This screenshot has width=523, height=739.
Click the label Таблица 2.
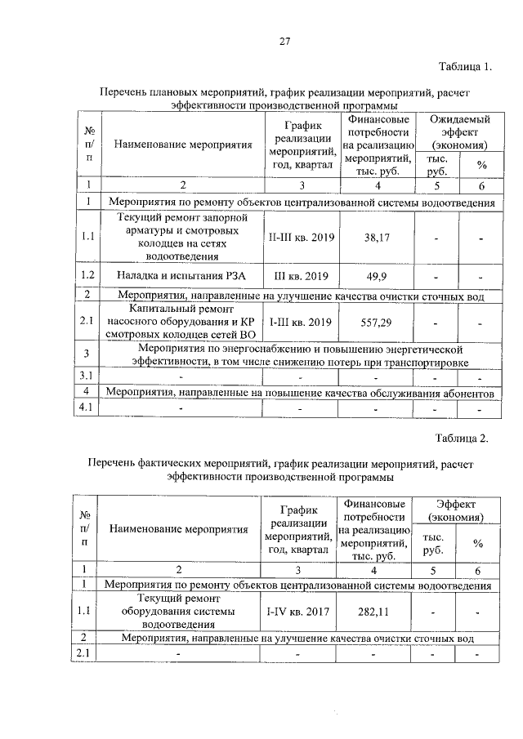point(462,439)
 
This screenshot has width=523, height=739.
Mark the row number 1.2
point(87,275)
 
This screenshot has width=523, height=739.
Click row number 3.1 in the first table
point(87,377)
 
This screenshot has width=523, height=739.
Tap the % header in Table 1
point(481,165)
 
